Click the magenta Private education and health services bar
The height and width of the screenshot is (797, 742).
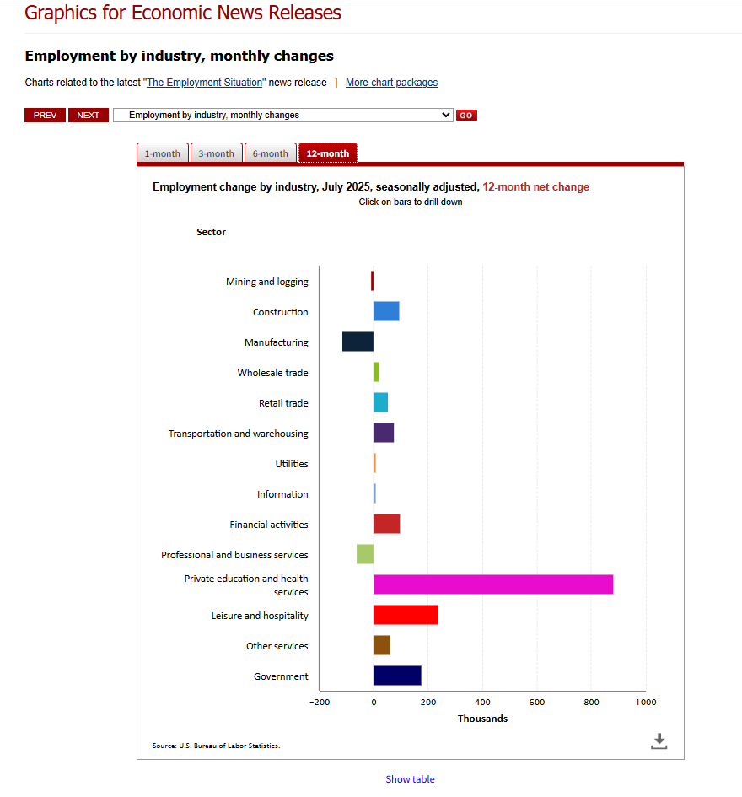click(x=493, y=584)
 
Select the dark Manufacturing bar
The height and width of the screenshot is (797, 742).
click(x=358, y=342)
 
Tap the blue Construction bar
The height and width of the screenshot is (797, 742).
click(x=386, y=311)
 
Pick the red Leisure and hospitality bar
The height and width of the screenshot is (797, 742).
click(x=406, y=615)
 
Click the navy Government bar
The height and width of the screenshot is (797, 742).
click(x=397, y=676)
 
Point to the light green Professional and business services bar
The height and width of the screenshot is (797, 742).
click(x=365, y=554)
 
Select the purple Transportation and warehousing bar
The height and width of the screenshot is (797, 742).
click(x=384, y=433)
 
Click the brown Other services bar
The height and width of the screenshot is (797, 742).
click(x=382, y=645)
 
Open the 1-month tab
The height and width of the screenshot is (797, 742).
click(x=162, y=153)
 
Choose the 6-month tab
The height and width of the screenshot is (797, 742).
click(x=270, y=153)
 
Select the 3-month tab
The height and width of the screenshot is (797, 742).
click(x=216, y=153)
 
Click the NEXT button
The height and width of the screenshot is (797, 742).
click(x=88, y=115)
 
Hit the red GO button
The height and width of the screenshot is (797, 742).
click(x=466, y=116)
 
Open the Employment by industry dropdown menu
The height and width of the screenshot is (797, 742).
click(x=283, y=115)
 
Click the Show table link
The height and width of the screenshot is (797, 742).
click(x=410, y=779)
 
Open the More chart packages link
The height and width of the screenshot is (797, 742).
click(x=391, y=83)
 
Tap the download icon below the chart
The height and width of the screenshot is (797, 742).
click(x=659, y=740)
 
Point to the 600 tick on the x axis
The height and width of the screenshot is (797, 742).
click(x=537, y=702)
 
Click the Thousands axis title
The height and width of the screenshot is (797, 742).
click(x=482, y=719)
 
